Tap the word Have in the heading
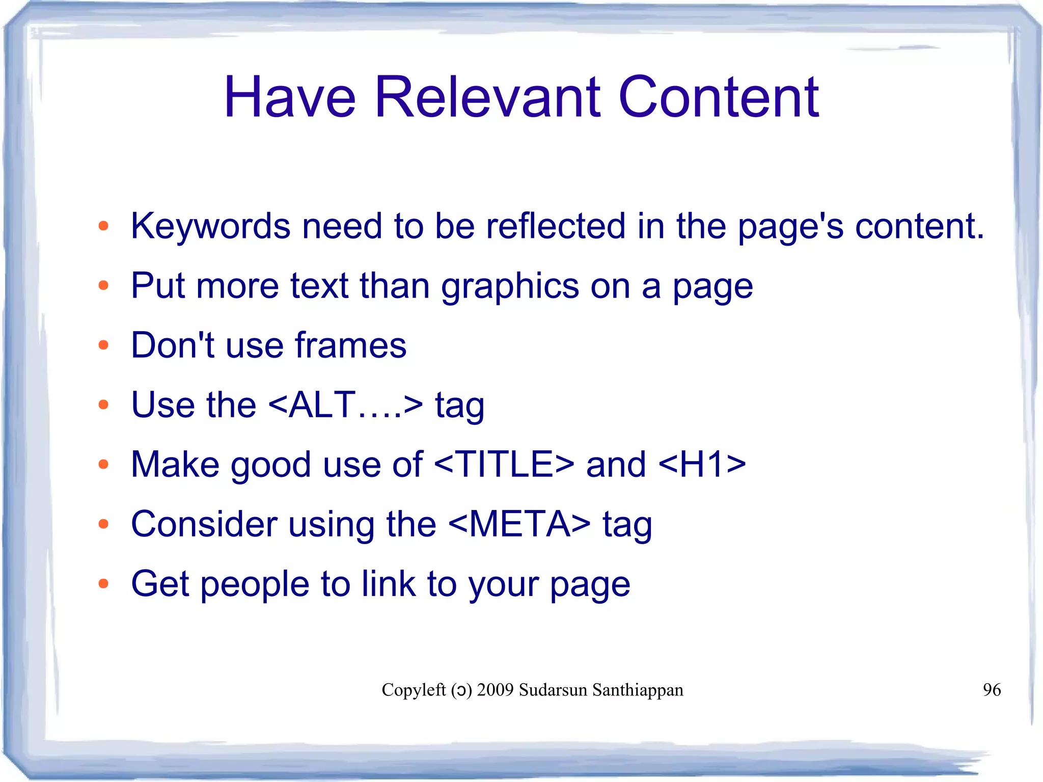point(289,97)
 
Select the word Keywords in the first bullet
point(210,226)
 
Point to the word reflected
point(555,226)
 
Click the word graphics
point(510,286)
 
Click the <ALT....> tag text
point(345,406)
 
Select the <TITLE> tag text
point(504,465)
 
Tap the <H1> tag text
point(702,465)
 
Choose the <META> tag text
point(519,524)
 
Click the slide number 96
point(992,690)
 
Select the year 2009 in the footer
point(495,690)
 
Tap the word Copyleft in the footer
point(414,690)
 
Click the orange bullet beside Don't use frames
point(103,345)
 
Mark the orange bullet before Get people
point(103,584)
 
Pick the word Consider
point(204,524)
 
